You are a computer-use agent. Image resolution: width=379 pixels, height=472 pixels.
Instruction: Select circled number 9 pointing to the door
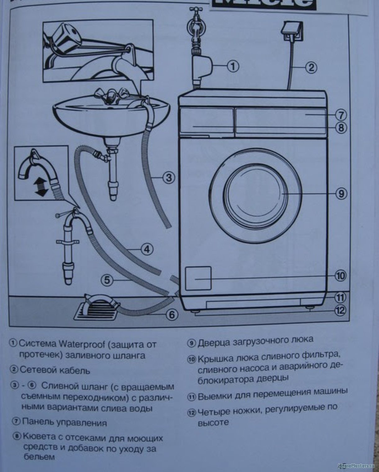pyautogui.click(x=341, y=194)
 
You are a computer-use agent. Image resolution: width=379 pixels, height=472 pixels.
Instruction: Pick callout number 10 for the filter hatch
pyautogui.click(x=341, y=275)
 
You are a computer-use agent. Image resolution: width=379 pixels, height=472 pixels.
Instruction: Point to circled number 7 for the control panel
pyautogui.click(x=341, y=115)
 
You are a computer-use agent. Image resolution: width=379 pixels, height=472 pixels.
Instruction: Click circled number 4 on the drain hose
pyautogui.click(x=147, y=248)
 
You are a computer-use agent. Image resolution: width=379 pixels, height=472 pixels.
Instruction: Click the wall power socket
pyautogui.click(x=291, y=32)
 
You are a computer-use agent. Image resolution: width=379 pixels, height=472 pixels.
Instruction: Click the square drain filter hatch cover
pyautogui.click(x=198, y=278)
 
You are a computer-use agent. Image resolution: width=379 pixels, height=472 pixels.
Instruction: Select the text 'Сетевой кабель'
pyautogui.click(x=55, y=370)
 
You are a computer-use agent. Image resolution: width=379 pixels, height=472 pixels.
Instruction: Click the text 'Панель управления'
pyautogui.click(x=65, y=422)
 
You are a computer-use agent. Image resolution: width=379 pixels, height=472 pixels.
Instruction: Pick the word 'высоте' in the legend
pyautogui.click(x=213, y=423)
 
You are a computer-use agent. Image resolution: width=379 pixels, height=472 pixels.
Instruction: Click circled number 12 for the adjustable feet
pyautogui.click(x=341, y=310)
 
